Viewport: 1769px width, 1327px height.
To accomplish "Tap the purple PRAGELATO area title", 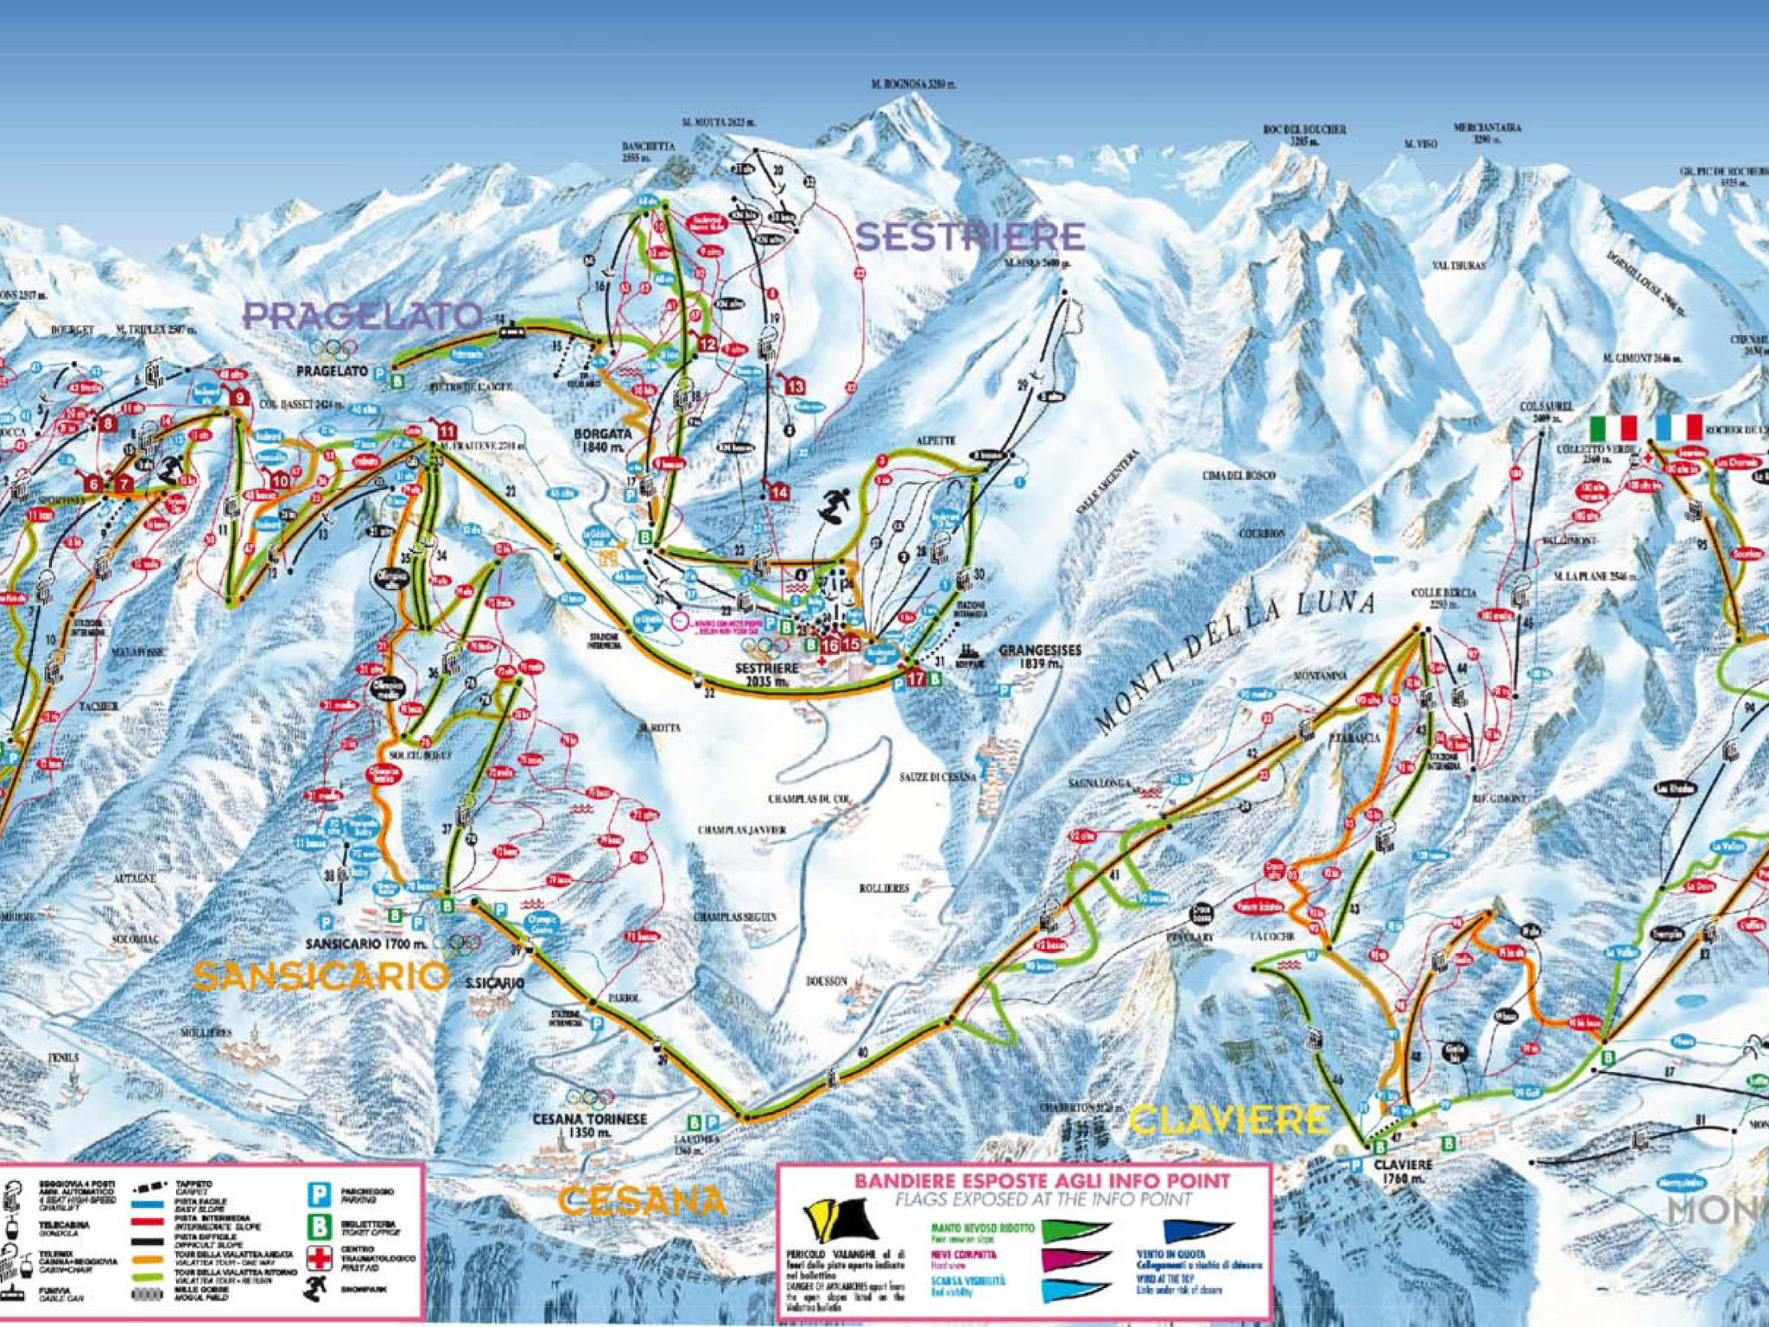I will pos(363,316).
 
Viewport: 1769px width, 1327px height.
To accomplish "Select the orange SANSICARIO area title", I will pos(321,977).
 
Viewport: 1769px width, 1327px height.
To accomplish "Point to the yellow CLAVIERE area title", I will pos(1230,1121).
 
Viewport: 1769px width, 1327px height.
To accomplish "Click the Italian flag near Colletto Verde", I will pos(1614,428).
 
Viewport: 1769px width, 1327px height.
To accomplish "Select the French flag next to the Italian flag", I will pos(1679,428).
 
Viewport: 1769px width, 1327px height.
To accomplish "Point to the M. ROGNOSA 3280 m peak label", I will pos(913,85).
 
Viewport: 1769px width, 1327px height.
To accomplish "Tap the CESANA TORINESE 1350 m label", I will pos(589,1125).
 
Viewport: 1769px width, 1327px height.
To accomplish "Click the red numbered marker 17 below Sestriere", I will pos(916,680).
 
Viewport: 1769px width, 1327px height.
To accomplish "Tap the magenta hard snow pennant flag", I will pos(1075,1260).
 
